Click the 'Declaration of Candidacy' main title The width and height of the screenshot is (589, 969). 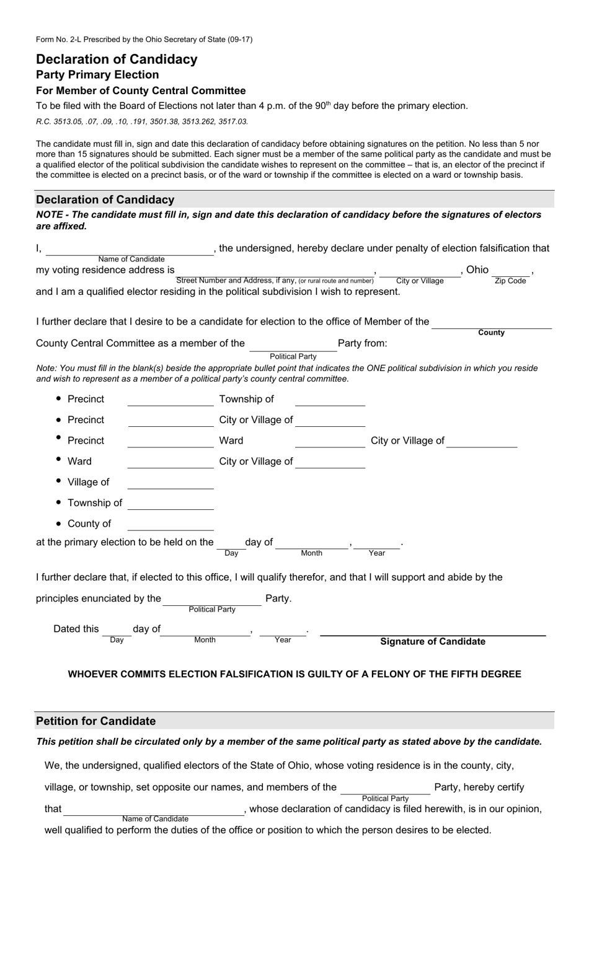pos(117,59)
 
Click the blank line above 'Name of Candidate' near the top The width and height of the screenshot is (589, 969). pos(130,250)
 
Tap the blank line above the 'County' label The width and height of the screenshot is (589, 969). pos(491,323)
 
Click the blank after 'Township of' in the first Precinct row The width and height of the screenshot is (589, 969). pos(330,401)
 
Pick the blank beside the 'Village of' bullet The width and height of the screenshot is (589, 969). pos(170,484)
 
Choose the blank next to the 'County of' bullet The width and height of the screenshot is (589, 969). pos(170,525)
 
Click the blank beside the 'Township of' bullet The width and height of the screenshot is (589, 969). pos(170,504)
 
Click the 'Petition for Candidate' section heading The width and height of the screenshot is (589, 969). pos(96,721)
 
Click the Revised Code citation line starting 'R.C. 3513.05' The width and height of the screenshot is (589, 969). pos(142,121)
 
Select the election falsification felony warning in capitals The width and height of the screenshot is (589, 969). pos(294,674)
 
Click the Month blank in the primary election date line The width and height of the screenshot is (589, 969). pos(311,544)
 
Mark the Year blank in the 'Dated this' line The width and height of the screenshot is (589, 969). pos(283,631)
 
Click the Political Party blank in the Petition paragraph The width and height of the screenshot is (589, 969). pos(385,789)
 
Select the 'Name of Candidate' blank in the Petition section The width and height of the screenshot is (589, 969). pos(154,810)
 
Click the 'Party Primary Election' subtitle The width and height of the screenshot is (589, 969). pos(97,75)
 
